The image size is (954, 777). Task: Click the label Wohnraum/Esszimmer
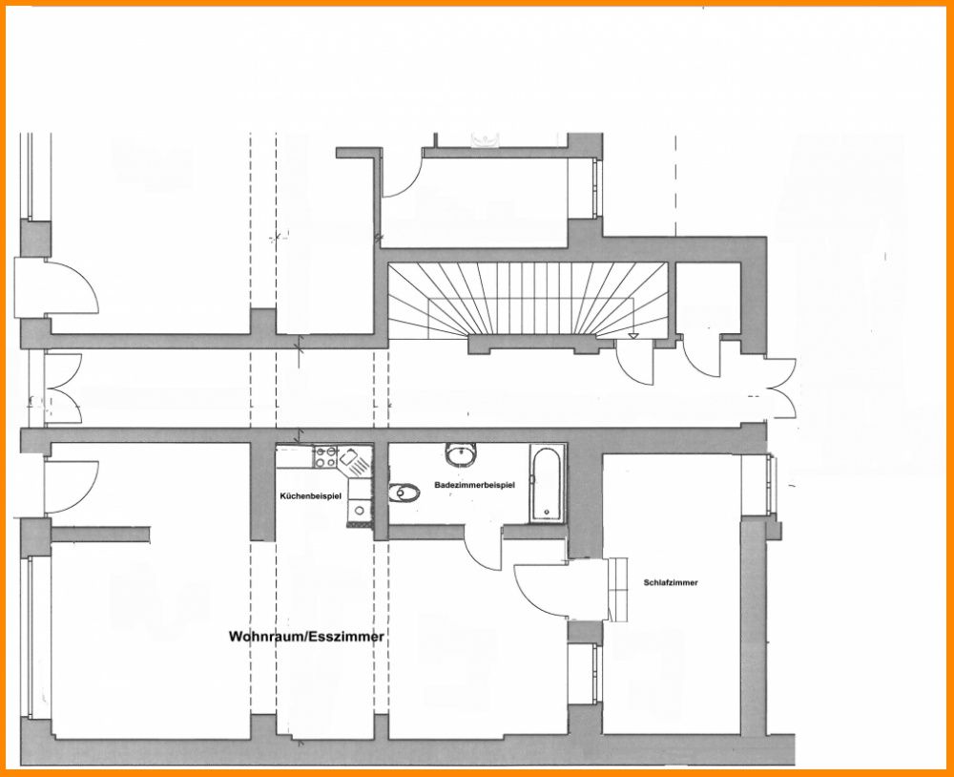point(306,637)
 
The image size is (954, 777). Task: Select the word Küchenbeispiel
point(311,496)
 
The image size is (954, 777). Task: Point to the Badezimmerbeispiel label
point(474,485)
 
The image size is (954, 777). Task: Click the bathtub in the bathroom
point(548,484)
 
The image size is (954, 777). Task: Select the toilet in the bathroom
point(404,493)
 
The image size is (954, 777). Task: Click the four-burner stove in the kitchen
point(326,456)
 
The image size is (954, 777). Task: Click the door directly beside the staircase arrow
point(633,363)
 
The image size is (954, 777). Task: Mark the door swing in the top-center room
point(402,173)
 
